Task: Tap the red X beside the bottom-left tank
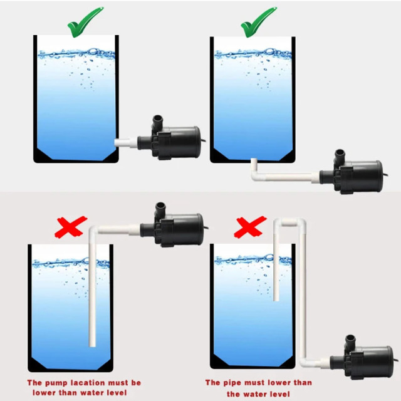coord(70,227)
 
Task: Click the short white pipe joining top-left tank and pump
coord(126,142)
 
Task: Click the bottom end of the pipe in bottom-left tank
coord(93,343)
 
